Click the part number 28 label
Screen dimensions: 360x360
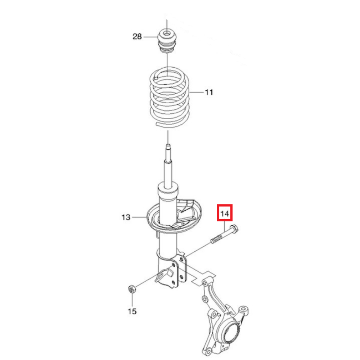[x=137, y=36]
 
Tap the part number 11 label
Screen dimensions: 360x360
[x=209, y=92]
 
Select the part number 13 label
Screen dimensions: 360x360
[x=126, y=217]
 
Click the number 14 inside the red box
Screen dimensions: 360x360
[x=225, y=214]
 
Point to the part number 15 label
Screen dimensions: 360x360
[x=132, y=311]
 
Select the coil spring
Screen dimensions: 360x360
[x=170, y=97]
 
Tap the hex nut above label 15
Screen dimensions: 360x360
[x=131, y=289]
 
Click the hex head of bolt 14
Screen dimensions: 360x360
[x=234, y=229]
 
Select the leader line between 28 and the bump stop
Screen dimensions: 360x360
[x=150, y=37]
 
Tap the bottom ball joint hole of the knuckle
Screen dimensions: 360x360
[x=208, y=351]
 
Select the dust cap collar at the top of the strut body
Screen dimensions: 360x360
[x=168, y=189]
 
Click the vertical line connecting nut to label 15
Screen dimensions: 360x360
[x=132, y=300]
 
